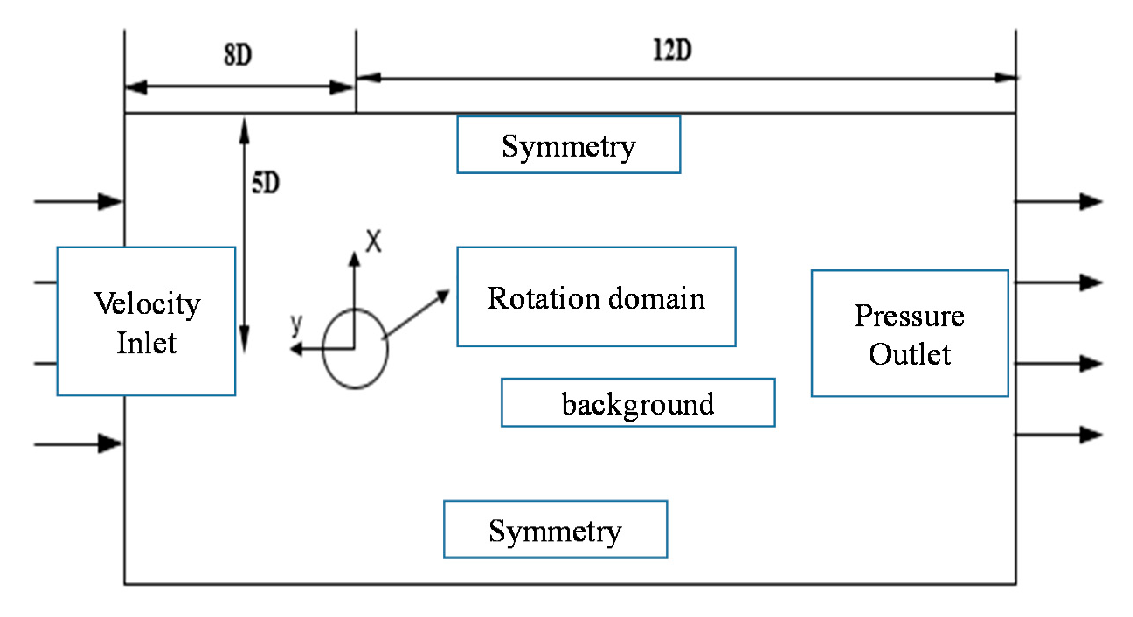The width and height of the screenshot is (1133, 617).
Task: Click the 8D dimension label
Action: coord(238,55)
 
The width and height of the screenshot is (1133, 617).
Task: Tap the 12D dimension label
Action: coord(672,50)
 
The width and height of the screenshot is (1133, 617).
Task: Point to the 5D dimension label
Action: coord(265,183)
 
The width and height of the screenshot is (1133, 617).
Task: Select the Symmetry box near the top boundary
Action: coord(569,145)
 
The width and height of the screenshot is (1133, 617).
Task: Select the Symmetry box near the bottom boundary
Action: coord(555,530)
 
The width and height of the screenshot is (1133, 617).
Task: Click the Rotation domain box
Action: coord(596,296)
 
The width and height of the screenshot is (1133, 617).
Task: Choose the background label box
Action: coord(638,403)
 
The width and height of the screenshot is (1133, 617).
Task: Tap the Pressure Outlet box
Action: coord(910,334)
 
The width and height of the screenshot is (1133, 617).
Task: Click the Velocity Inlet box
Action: coord(146,321)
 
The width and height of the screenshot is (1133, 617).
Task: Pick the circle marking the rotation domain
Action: coord(323,349)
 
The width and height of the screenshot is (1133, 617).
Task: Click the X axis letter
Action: coord(374,241)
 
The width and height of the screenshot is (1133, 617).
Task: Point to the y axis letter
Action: coord(296,324)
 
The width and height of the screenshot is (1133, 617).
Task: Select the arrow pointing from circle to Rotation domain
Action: coord(416,314)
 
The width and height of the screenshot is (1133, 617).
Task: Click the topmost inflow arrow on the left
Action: coord(78,202)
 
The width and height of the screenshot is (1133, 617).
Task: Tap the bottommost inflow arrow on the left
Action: coord(78,443)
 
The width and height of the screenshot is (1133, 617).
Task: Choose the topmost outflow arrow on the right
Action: coord(1058,202)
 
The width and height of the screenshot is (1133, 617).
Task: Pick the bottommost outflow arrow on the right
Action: coord(1058,435)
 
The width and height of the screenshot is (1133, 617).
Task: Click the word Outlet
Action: coord(910,353)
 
